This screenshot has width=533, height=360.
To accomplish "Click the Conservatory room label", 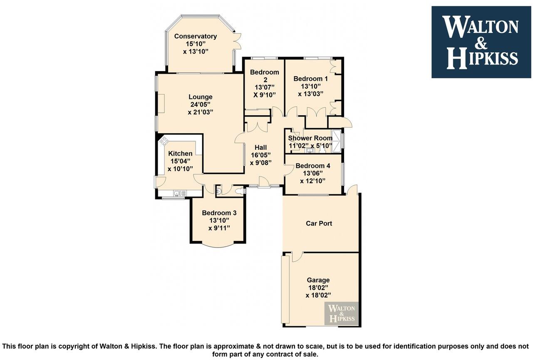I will [x=195, y=36].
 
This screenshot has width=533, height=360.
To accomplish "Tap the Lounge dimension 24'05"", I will [x=200, y=104].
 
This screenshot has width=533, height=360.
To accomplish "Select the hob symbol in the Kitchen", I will [x=164, y=140].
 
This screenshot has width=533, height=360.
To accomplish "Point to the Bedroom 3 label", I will [x=219, y=213].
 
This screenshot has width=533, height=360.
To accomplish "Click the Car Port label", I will [x=319, y=223].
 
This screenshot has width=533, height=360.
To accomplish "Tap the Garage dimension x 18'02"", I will [x=318, y=295].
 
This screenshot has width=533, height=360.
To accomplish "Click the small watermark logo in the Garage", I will [x=341, y=313].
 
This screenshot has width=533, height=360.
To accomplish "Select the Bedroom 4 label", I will [x=312, y=166].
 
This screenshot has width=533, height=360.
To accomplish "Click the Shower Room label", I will [x=310, y=138].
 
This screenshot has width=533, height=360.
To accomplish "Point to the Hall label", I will [x=261, y=147].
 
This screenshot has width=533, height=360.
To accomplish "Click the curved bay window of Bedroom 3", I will [x=218, y=246].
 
